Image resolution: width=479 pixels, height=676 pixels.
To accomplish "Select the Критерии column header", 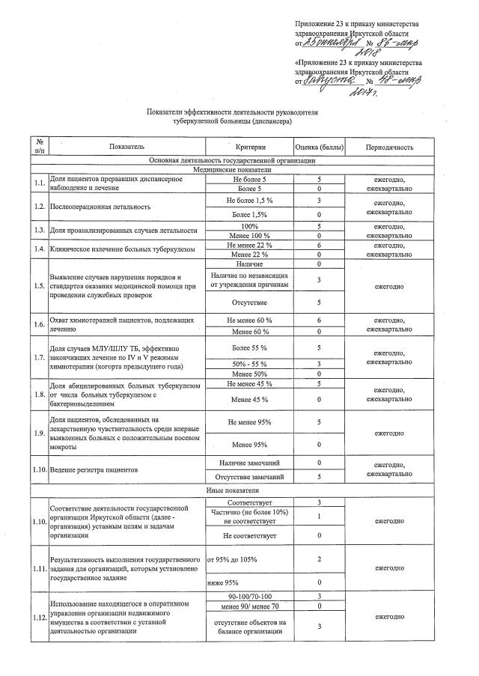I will click(x=250, y=147).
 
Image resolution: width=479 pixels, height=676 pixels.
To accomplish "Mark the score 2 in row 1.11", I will click(x=319, y=558).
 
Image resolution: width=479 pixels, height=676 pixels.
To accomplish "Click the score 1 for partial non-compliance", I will click(x=319, y=516).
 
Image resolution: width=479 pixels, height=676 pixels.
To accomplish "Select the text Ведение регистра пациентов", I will click(x=94, y=471).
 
